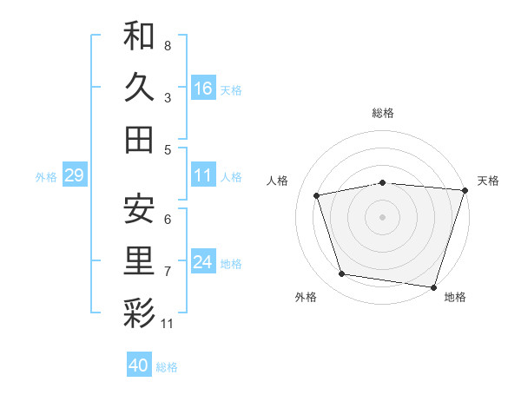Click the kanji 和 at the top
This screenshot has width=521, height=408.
pos(139,36)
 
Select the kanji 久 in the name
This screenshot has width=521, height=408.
pos(139,87)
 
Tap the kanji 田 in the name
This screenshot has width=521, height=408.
pos(139,139)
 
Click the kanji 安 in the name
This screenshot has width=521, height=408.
pos(139,209)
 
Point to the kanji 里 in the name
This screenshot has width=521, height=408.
pos(139,261)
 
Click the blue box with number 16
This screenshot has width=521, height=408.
pos(203,89)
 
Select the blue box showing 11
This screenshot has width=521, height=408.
pos(203,176)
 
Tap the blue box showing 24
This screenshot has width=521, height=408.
pos(203,263)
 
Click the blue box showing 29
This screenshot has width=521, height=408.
pos(74,176)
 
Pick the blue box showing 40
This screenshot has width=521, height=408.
pos(139,366)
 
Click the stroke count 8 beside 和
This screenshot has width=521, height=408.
pos(168,45)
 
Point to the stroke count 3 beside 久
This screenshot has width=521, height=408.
pos(168,97)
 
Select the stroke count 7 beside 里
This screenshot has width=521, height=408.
pos(168,272)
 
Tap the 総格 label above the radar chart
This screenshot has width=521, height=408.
pos(383,113)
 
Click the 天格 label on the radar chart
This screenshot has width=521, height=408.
pos(488,181)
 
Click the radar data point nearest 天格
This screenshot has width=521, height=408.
pos(465,190)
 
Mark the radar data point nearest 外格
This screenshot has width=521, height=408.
pos(342,274)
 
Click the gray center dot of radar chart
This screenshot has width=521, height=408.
pos(382,216)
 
